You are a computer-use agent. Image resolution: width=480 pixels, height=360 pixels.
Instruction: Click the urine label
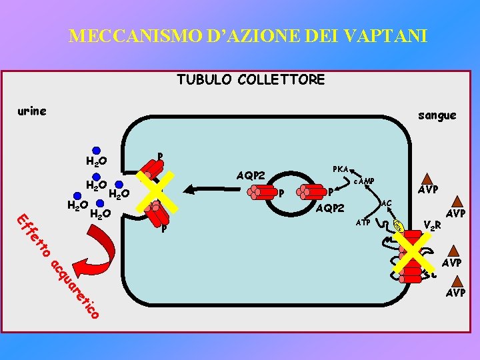tap(32, 111)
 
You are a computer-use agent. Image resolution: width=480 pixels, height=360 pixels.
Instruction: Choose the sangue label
tap(437, 115)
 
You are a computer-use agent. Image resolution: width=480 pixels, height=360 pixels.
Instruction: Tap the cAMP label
tap(363, 182)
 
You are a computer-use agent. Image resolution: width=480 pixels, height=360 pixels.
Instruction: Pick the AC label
tap(385, 202)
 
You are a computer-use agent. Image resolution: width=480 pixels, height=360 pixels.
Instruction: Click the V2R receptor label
tap(433, 226)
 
